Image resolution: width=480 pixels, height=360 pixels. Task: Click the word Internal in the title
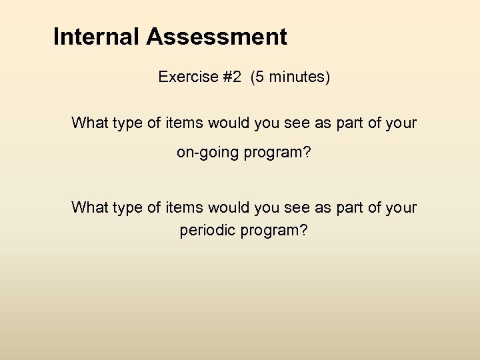(97, 37)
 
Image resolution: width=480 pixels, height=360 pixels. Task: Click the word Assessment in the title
(217, 37)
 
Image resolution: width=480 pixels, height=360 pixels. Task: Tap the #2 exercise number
(232, 77)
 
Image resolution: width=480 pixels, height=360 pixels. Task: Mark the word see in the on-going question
(299, 123)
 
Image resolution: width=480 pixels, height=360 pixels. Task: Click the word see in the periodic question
(299, 208)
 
